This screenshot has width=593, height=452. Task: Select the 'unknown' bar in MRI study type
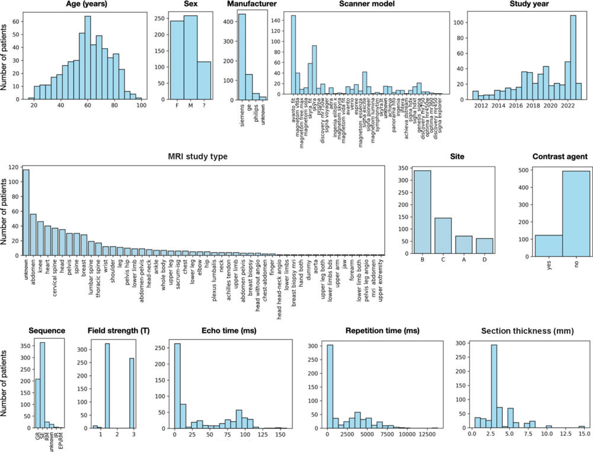(25, 212)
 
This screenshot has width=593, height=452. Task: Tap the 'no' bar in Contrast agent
(576, 214)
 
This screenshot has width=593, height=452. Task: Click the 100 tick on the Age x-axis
(141, 106)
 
